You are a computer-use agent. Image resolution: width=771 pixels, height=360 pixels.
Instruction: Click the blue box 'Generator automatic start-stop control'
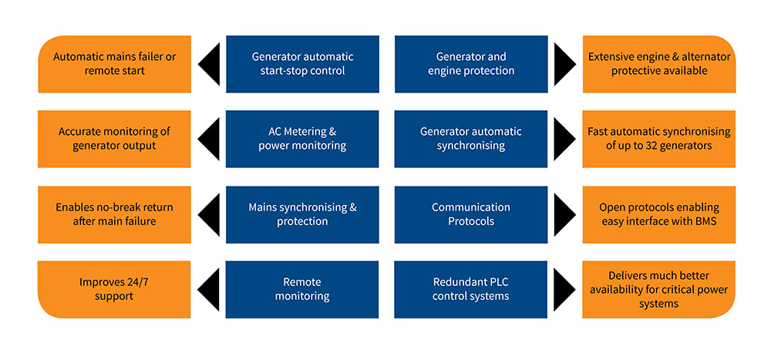coord(302,64)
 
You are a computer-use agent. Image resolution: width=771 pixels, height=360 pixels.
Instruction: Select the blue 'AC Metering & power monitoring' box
coord(302,139)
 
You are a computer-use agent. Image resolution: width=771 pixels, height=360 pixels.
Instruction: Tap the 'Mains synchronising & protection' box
coord(302,214)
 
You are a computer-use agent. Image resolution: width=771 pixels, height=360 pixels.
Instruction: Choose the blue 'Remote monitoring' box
coord(302,289)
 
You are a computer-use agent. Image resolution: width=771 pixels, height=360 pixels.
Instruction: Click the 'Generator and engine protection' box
coord(471,64)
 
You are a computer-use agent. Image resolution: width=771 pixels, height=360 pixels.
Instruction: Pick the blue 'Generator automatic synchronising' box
coord(471,139)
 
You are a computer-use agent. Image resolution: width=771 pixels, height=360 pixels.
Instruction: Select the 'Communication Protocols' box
coord(471,214)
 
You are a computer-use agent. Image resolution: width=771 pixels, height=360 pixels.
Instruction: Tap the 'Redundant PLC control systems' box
coord(471,289)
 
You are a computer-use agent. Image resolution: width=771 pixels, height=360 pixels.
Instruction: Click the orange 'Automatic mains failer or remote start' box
coord(114,64)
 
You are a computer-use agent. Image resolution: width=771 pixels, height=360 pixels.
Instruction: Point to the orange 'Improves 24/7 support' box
coord(114,289)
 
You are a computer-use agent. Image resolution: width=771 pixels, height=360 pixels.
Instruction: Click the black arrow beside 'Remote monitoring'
coord(209,289)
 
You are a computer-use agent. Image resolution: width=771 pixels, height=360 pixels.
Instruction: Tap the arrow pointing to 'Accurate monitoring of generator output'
coord(209,139)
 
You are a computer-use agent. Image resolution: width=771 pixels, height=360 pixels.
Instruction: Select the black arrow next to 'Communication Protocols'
coord(564,214)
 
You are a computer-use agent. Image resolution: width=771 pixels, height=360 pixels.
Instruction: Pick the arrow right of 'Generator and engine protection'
coord(564,64)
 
